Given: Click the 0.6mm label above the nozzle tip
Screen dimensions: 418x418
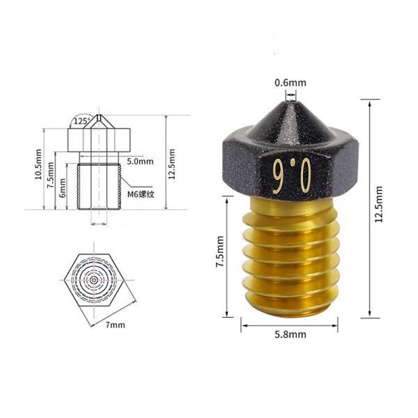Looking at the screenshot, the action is click(x=291, y=83).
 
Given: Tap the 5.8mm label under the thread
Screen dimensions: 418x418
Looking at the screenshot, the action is click(x=291, y=334).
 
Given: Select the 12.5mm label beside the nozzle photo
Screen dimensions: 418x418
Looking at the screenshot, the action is click(x=378, y=204).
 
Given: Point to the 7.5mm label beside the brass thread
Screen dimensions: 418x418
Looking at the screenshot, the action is click(x=220, y=251).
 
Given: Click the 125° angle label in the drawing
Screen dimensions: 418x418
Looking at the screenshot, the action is click(x=82, y=121).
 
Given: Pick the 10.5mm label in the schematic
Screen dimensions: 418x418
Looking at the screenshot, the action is click(x=38, y=164).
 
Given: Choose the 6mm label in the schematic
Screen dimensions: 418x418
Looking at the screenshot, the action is click(x=62, y=187).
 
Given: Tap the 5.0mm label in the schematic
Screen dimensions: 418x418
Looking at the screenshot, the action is click(x=140, y=162).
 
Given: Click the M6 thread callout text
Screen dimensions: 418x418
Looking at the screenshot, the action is click(x=141, y=194).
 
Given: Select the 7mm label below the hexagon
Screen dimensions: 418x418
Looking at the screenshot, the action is click(x=115, y=325).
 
